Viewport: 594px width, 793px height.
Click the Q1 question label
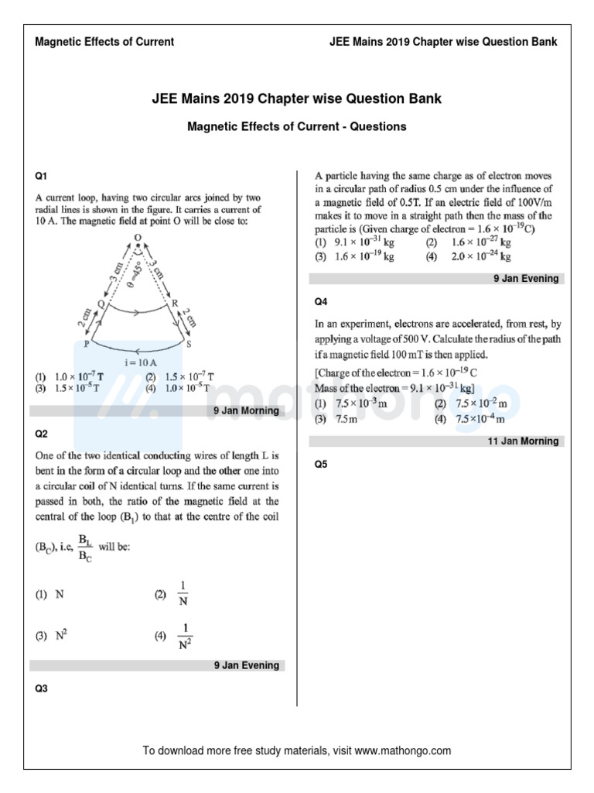(41, 177)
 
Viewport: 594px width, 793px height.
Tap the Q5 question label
(321, 465)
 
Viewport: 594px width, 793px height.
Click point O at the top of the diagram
(138, 237)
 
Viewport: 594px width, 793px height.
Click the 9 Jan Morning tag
(246, 410)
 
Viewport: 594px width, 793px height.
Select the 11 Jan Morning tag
(523, 441)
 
